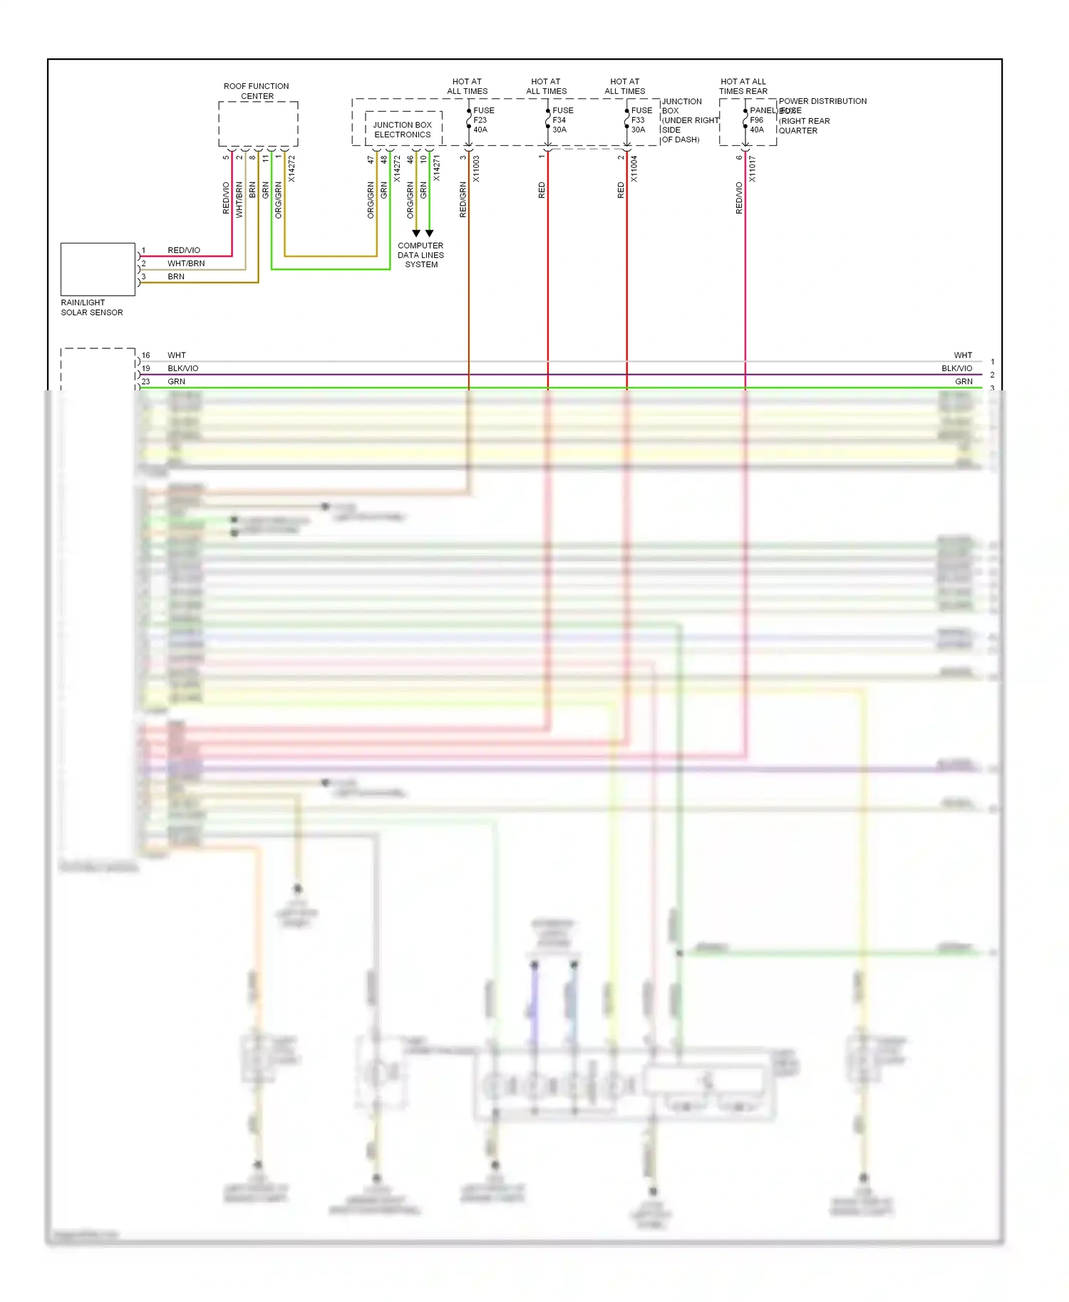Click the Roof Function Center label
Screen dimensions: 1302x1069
257,91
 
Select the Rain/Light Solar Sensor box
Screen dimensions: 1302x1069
98,269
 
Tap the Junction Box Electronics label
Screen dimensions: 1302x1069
403,130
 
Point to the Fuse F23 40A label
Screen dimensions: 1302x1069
483,120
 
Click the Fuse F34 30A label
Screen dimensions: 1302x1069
562,120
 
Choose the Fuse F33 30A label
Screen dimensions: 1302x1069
641,120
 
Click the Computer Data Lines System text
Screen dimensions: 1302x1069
420,255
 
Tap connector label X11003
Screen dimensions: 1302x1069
476,170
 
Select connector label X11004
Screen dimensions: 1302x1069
634,170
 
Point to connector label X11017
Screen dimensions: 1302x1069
752,170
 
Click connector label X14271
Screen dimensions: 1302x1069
436,168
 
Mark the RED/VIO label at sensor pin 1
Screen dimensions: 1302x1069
184,250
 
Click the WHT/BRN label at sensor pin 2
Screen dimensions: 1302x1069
186,264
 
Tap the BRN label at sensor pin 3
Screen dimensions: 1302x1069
176,276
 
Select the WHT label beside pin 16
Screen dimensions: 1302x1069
177,355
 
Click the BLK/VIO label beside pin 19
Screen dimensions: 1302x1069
183,368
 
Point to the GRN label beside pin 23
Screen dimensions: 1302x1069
176,382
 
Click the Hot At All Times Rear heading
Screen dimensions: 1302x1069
743,86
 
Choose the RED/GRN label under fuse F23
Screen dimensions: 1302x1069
463,199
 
